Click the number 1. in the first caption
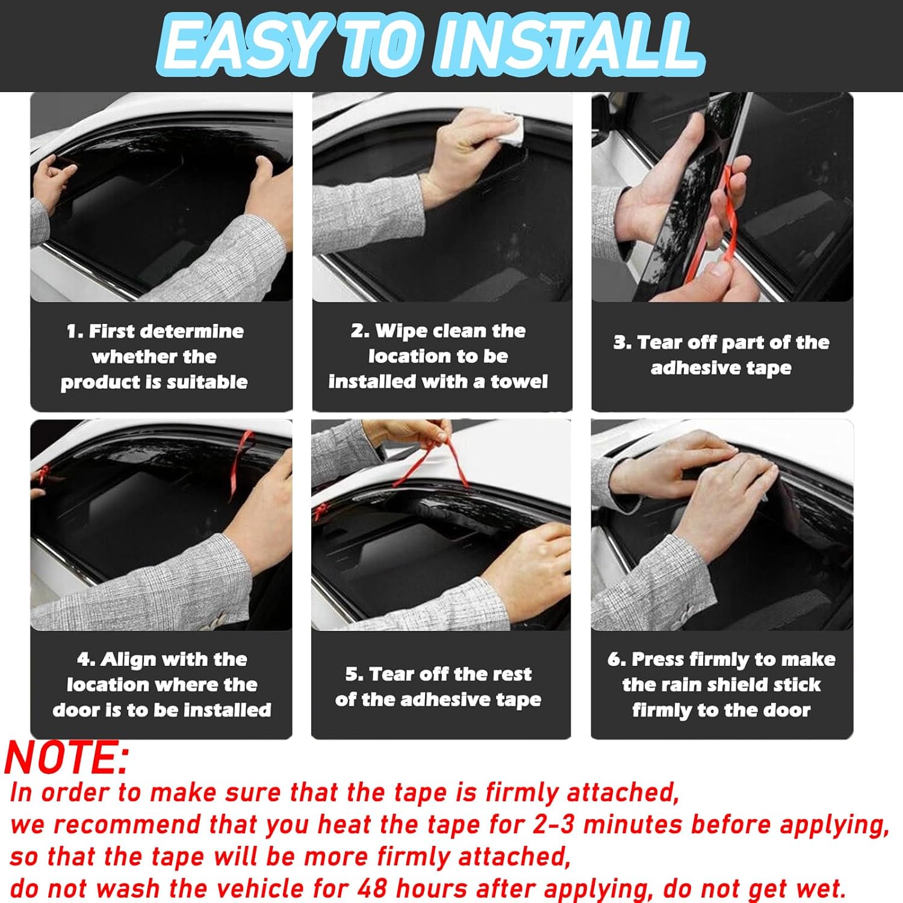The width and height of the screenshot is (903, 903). pyautogui.click(x=75, y=331)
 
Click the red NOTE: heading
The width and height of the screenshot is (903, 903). pyautogui.click(x=67, y=757)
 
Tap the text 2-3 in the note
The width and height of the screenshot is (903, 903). pyautogui.click(x=554, y=825)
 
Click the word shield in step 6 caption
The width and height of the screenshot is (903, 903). pyautogui.click(x=737, y=685)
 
